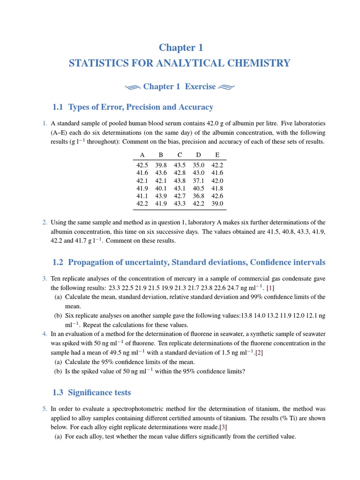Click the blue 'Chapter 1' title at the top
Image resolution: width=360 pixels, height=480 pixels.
click(x=180, y=47)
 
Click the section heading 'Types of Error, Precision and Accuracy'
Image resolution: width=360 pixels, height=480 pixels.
click(x=141, y=107)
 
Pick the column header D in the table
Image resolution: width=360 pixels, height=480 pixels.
click(x=198, y=155)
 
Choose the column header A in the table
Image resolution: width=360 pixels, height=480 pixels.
click(x=142, y=155)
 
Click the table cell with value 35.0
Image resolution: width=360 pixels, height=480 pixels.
click(x=198, y=165)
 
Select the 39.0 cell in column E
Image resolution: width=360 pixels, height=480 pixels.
click(x=217, y=203)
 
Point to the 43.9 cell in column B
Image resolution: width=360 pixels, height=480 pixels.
click(x=161, y=196)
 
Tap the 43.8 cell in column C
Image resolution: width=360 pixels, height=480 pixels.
click(x=180, y=180)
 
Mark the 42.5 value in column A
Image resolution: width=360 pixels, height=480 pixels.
click(x=142, y=165)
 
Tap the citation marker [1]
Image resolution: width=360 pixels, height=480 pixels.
click(x=270, y=287)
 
